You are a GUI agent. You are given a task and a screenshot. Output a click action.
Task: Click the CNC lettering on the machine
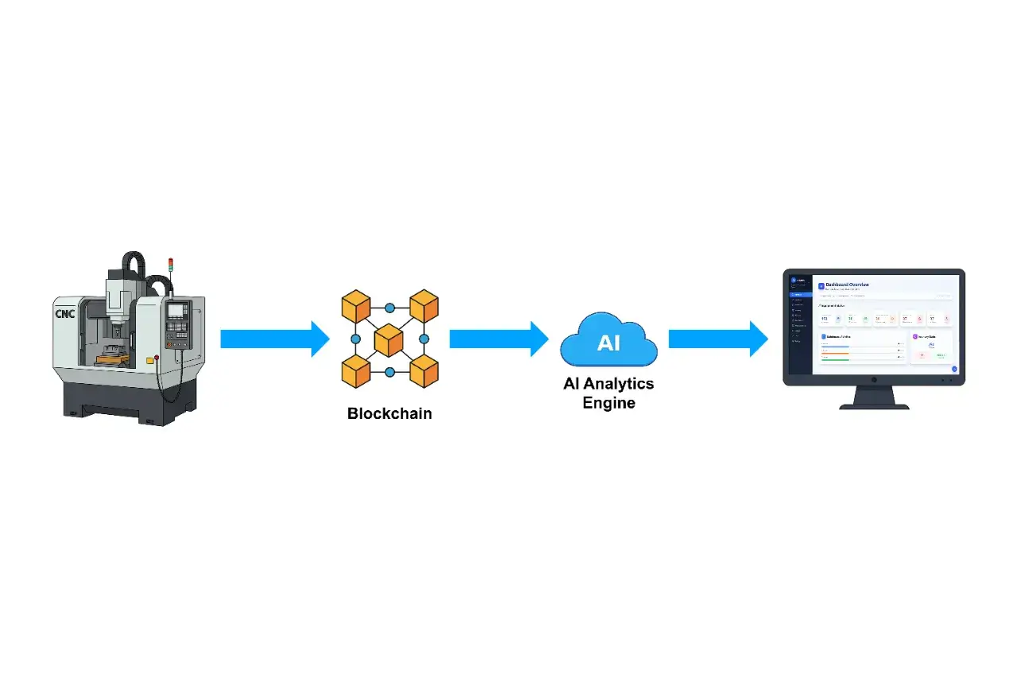[64, 313]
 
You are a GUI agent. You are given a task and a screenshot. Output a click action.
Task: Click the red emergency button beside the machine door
[157, 357]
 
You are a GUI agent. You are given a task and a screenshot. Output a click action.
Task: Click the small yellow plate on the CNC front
[149, 360]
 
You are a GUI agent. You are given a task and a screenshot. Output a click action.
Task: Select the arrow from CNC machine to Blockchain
[274, 339]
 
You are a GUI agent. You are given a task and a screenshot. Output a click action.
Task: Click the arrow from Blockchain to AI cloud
[499, 339]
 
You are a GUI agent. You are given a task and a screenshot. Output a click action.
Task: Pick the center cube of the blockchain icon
[389, 339]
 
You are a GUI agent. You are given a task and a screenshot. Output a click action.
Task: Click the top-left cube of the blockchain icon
[356, 307]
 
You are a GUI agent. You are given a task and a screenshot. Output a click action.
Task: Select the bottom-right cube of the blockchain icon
[423, 371]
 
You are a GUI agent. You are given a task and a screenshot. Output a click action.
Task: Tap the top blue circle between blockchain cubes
[389, 308]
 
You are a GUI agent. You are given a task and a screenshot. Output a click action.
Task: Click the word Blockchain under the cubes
[389, 413]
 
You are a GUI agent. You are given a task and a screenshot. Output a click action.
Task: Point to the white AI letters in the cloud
[609, 343]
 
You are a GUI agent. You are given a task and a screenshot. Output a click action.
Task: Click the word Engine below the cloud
[609, 403]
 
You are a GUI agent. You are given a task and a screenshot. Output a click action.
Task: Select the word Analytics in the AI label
[619, 384]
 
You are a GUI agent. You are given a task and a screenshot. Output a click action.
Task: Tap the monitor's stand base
[874, 405]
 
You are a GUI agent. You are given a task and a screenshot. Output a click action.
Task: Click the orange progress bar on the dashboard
[835, 354]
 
